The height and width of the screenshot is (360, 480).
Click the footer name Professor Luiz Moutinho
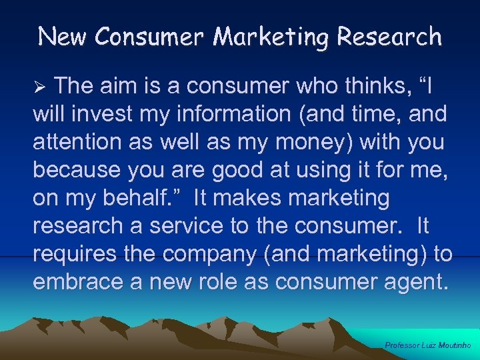pyautogui.click(x=429, y=345)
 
